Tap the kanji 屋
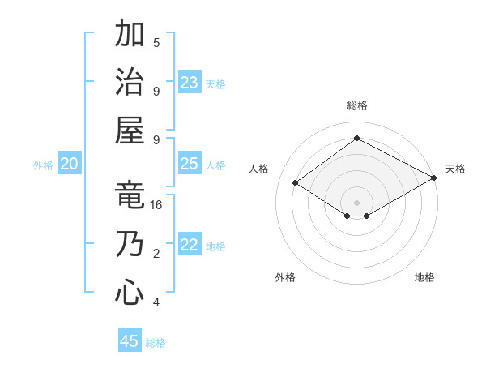pos(130,130)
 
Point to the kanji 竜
pos(130,195)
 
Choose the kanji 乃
pos(130,244)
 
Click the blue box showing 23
pos(190,82)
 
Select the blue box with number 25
pos(190,164)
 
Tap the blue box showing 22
pos(190,245)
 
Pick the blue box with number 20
pos(70,164)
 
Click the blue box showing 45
pos(130,340)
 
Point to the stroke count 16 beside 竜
pos(156,205)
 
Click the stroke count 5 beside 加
pos(156,43)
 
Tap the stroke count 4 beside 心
pos(156,302)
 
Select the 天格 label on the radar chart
pos(455,169)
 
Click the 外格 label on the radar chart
pos(285,277)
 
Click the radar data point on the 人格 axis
pos(295,183)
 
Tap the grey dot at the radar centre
pos(356,201)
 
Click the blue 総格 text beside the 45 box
pos(156,343)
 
